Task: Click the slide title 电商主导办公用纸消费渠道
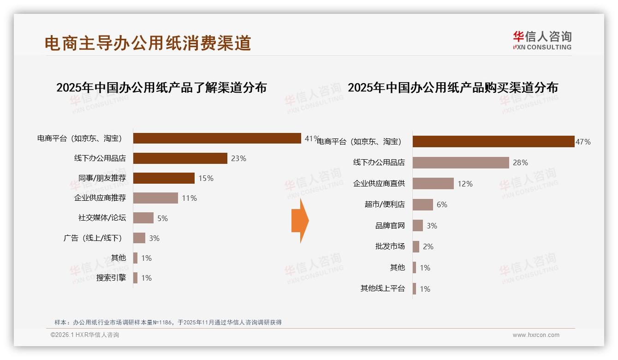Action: click(x=148, y=43)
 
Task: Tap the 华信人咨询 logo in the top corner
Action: click(x=542, y=40)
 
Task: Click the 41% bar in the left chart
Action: click(x=217, y=138)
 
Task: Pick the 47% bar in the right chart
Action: click(x=493, y=142)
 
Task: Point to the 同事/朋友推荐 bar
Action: click(x=164, y=178)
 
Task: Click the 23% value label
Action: click(x=238, y=158)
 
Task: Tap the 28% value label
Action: click(x=520, y=162)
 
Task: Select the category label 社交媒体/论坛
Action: click(x=102, y=218)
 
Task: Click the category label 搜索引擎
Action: click(x=111, y=278)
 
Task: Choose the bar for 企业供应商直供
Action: click(x=433, y=184)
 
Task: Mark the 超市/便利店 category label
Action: click(x=385, y=204)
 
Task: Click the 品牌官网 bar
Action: click(x=418, y=226)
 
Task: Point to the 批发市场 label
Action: click(x=390, y=246)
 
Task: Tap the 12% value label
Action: click(x=465, y=184)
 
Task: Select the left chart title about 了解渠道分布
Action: click(x=161, y=88)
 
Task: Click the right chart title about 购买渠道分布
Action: click(x=453, y=88)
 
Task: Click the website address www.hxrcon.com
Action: click(x=536, y=335)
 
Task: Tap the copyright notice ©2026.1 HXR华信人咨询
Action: click(x=85, y=335)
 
